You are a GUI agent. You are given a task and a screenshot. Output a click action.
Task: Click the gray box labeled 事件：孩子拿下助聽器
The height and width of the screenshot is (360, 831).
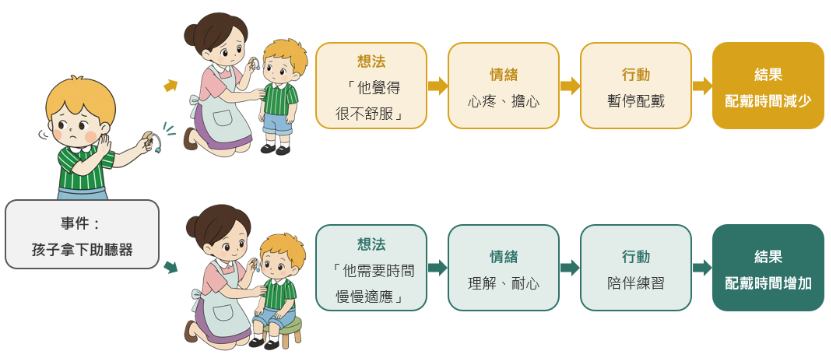(82, 234)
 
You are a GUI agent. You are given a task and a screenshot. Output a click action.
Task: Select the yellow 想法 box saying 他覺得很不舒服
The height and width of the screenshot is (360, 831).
(371, 85)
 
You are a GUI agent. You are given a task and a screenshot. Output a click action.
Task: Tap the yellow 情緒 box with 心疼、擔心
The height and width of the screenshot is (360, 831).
(503, 85)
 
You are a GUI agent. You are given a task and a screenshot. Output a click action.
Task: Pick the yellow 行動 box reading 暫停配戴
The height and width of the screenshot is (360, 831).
(636, 85)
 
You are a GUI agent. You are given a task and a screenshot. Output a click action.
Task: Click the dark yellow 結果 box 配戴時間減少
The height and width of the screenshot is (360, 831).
(768, 85)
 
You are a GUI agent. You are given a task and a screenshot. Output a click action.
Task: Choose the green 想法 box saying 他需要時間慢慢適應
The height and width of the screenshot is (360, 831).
(371, 267)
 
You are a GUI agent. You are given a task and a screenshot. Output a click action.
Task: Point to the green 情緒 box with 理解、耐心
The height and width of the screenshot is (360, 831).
(503, 267)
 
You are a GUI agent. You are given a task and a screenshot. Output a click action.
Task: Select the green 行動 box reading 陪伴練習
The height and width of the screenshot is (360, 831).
(636, 267)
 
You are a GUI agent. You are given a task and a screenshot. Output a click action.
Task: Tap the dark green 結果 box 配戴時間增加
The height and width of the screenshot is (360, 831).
(768, 267)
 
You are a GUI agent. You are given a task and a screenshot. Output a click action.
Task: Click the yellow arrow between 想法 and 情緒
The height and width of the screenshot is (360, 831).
(438, 86)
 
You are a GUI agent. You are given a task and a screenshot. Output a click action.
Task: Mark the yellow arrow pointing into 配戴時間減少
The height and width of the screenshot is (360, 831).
(702, 86)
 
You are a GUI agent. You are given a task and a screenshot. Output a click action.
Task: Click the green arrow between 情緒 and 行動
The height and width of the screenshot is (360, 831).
(570, 267)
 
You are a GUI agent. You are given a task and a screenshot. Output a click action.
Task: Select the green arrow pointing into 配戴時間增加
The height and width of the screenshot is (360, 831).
(702, 267)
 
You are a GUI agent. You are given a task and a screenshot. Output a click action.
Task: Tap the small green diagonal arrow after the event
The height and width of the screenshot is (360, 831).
(171, 267)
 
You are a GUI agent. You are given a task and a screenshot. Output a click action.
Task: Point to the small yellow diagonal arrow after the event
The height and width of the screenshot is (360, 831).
(171, 85)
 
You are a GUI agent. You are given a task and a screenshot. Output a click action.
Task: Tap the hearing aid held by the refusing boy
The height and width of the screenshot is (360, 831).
(151, 141)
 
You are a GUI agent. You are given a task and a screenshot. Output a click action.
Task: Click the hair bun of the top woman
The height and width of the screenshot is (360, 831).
(191, 35)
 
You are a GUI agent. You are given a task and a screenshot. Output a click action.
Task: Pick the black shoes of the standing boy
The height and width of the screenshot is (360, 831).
(276, 150)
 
